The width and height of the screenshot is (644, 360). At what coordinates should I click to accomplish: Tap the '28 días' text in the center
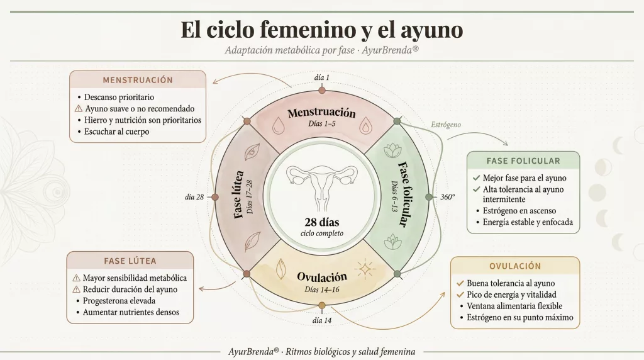pyautogui.click(x=321, y=223)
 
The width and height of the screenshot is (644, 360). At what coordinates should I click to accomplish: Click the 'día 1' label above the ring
pyautogui.click(x=322, y=77)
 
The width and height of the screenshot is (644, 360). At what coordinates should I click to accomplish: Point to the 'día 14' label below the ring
pyautogui.click(x=322, y=320)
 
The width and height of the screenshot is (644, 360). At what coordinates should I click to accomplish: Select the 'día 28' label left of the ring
pyautogui.click(x=194, y=197)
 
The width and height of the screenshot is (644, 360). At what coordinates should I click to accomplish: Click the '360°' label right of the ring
pyautogui.click(x=447, y=197)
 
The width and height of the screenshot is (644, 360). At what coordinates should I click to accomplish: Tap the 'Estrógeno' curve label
pyautogui.click(x=446, y=125)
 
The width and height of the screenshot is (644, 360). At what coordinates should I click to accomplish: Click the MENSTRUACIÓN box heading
pyautogui.click(x=138, y=80)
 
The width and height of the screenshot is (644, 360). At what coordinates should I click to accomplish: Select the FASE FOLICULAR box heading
pyautogui.click(x=523, y=160)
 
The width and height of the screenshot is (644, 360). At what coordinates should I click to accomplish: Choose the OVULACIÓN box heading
pyautogui.click(x=515, y=266)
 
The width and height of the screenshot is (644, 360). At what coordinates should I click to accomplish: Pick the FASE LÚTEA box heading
pyautogui.click(x=130, y=261)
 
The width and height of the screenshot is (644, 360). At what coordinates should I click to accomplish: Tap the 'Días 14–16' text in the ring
pyautogui.click(x=321, y=290)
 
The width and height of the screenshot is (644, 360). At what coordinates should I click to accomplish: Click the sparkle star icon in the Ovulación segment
pyautogui.click(x=364, y=269)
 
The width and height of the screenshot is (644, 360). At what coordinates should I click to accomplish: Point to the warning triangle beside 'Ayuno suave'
pyautogui.click(x=79, y=109)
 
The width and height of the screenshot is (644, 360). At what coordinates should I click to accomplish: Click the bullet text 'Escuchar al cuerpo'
pyautogui.click(x=117, y=132)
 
